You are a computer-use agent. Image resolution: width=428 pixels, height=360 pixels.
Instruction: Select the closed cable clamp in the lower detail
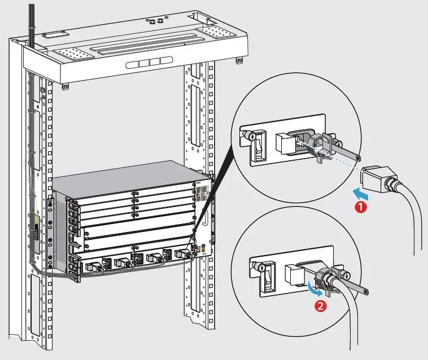click(323, 276)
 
